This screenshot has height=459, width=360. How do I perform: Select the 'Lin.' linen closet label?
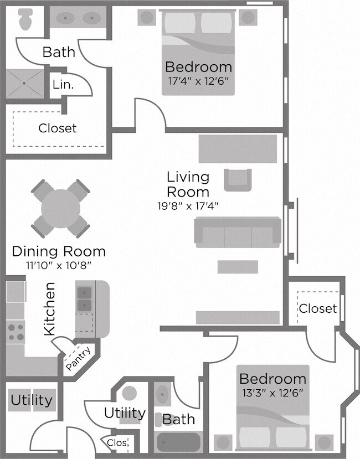[61, 85]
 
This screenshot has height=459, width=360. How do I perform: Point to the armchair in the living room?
[238, 179]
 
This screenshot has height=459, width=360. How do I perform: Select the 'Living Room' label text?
[188, 184]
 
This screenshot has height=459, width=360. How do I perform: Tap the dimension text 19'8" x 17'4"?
[188, 206]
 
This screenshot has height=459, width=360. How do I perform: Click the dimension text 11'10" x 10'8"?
[59, 265]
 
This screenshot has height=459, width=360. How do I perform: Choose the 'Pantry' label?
[79, 359]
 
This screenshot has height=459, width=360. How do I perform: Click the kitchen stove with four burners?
[15, 331]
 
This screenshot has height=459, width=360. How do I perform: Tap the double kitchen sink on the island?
[84, 298]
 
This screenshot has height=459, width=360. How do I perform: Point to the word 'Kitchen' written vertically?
[49, 308]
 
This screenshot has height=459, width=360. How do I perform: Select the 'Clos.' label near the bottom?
[117, 443]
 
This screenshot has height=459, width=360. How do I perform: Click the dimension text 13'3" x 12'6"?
[272, 394]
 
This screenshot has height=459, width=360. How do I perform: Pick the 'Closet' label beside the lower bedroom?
[317, 308]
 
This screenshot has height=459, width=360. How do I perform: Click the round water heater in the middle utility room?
[130, 394]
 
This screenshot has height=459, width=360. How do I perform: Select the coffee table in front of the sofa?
[237, 267]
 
